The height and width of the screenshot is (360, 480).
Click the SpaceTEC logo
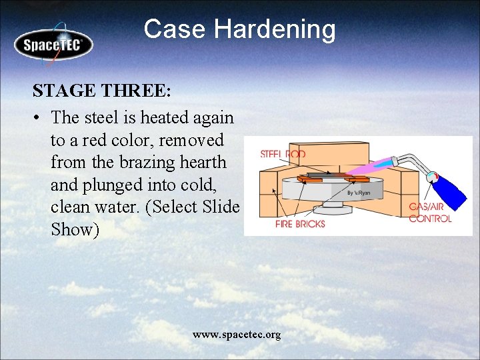click(x=53, y=45)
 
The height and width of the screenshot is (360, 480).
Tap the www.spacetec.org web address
click(x=237, y=334)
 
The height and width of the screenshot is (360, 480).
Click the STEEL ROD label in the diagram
click(x=282, y=155)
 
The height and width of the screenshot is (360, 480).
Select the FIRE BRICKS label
click(x=300, y=224)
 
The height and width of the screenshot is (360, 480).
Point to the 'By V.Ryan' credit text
click(x=359, y=193)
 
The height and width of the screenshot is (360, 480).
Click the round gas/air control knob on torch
click(x=433, y=177)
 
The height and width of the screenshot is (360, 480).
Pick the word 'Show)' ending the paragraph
click(x=75, y=230)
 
